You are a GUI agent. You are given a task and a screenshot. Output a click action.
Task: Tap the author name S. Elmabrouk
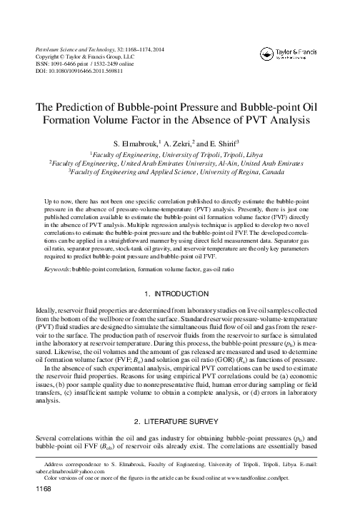point(136,143)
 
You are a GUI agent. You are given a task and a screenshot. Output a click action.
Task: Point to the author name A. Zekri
point(181,143)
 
